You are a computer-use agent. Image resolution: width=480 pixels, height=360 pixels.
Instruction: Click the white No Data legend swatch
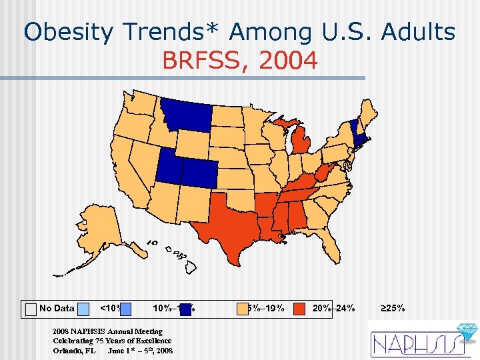click(x=30, y=309)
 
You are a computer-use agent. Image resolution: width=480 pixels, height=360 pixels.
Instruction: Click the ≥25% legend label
click(x=393, y=308)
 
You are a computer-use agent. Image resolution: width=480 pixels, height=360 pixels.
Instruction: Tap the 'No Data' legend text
click(x=57, y=308)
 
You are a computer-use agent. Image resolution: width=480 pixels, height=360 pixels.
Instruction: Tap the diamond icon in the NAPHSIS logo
click(x=465, y=332)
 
